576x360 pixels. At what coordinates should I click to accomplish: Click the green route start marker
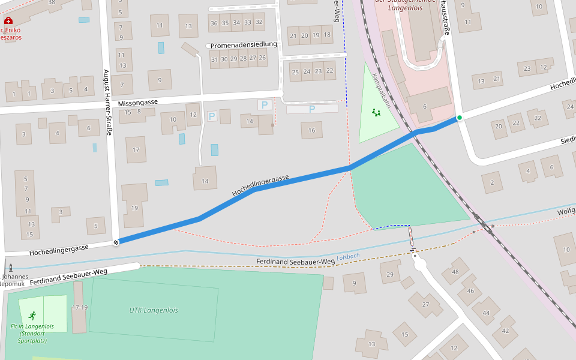(459, 118)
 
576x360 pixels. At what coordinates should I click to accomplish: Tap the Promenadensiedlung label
(244, 45)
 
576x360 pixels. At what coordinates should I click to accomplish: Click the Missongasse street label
(138, 103)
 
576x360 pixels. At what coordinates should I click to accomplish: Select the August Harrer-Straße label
(107, 103)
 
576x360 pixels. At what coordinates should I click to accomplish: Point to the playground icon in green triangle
(376, 113)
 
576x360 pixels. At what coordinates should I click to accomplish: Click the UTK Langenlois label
(154, 310)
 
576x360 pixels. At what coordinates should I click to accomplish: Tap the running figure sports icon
(32, 315)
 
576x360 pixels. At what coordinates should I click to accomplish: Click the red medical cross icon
(8, 21)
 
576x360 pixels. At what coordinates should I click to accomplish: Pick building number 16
(311, 130)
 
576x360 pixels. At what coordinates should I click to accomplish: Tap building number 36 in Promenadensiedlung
(214, 23)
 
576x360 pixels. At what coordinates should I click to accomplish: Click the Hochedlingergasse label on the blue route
(260, 185)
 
